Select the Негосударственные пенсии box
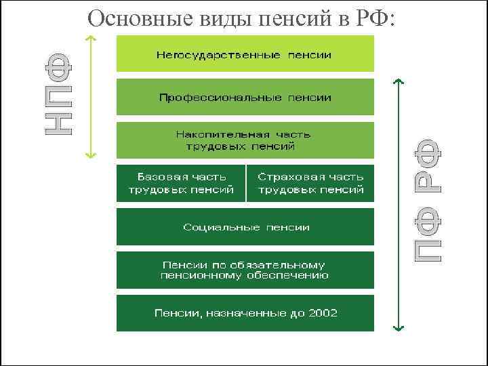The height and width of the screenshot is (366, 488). [245, 54]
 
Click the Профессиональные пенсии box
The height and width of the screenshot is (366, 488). [245, 97]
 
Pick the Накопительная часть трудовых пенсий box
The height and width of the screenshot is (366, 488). [245, 140]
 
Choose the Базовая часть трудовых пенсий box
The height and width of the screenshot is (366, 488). [181, 183]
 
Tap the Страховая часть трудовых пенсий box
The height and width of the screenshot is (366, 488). [310, 183]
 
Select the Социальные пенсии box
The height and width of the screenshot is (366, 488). [245, 226]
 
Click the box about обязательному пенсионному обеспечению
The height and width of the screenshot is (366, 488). [245, 270]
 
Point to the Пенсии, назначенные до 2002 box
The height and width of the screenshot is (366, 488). [245, 313]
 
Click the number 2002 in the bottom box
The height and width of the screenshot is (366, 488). [323, 313]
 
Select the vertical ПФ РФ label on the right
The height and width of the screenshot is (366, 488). [428, 201]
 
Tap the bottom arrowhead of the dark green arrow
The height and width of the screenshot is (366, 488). [399, 329]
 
